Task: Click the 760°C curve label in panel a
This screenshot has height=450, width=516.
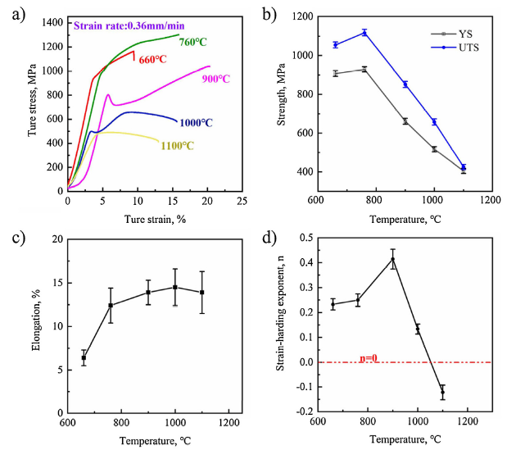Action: [193, 43]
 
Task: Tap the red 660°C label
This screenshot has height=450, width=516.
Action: [152, 60]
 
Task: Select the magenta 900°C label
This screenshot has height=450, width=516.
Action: [215, 79]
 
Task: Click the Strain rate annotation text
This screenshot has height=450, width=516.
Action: [129, 25]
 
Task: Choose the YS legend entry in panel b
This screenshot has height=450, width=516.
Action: [459, 34]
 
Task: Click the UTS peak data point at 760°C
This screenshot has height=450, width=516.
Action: [364, 33]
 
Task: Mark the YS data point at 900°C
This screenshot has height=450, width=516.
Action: [405, 121]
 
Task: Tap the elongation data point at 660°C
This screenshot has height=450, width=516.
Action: [84, 357]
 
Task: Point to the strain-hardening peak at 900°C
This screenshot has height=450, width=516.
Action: [392, 260]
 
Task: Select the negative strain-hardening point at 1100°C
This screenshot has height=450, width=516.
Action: [443, 392]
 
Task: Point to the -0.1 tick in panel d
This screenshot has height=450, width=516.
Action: [300, 387]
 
